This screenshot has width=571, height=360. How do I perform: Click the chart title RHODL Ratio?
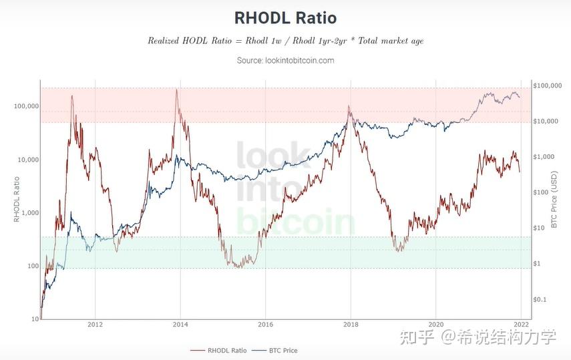285,17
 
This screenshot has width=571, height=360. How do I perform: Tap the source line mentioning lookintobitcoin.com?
285,60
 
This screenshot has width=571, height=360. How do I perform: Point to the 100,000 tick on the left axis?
25,106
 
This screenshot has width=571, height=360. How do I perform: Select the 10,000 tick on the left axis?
27,160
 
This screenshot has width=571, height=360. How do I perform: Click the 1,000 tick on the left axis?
29,212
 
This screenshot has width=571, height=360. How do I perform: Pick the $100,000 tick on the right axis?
548,85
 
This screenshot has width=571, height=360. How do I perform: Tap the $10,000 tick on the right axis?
546,121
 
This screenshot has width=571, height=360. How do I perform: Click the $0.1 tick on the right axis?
540,299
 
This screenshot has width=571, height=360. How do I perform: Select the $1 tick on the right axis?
537,264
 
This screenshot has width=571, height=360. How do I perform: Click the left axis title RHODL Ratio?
17,198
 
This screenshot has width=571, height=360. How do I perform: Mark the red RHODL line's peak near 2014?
176,89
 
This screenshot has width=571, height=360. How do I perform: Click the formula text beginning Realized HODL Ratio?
285,41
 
